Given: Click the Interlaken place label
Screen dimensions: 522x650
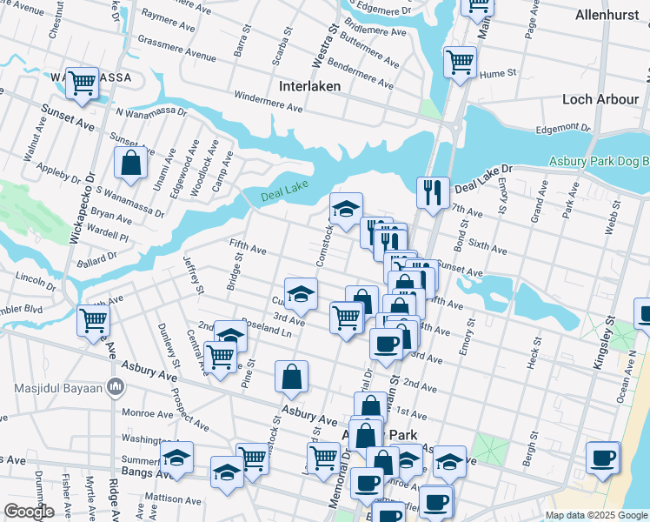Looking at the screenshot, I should pyautogui.click(x=310, y=87).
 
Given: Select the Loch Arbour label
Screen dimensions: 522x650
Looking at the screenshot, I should pyautogui.click(x=600, y=99).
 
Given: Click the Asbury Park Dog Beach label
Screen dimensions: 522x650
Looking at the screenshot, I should pyautogui.click(x=600, y=162).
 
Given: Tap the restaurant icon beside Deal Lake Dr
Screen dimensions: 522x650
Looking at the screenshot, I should pyautogui.click(x=432, y=191).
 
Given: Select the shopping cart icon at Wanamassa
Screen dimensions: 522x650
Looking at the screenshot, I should pyautogui.click(x=83, y=84).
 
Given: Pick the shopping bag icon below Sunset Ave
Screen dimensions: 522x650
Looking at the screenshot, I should pyautogui.click(x=130, y=163).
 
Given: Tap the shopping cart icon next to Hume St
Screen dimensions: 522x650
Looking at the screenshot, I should pyautogui.click(x=460, y=62).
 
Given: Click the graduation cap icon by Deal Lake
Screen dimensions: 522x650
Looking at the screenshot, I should pyautogui.click(x=346, y=209).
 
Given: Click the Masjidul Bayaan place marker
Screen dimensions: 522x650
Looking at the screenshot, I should pyautogui.click(x=115, y=385).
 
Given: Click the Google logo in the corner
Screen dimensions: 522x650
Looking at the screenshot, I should pyautogui.click(x=29, y=512).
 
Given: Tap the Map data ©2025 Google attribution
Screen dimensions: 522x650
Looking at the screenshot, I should pyautogui.click(x=596, y=515).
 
